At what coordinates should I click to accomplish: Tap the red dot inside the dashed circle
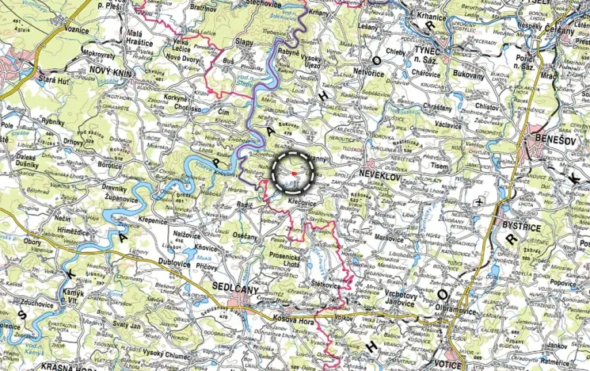(294, 172)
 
